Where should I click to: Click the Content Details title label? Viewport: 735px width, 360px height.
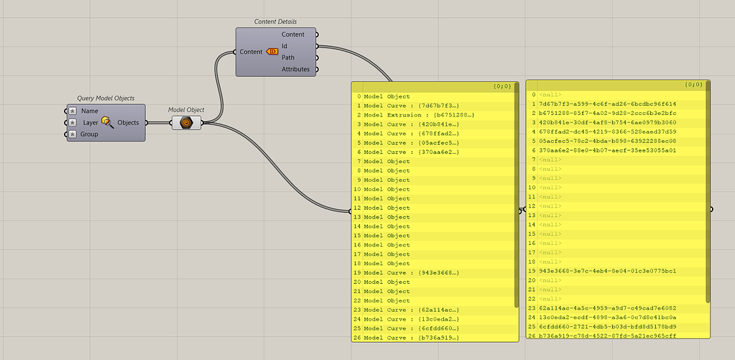tap(275, 22)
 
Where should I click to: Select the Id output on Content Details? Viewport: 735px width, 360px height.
tap(285, 46)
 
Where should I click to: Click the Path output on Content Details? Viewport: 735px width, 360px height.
tap(287, 57)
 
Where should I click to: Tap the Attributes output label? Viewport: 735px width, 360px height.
tap(295, 69)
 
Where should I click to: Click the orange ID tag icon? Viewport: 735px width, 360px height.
tap(272, 52)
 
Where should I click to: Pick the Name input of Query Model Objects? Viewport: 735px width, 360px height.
tap(90, 111)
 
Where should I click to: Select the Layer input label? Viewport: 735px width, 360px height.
tap(91, 123)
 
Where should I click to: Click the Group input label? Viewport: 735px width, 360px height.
tap(90, 134)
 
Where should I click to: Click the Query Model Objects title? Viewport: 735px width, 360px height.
tap(106, 98)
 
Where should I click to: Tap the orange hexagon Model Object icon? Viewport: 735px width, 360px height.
tap(186, 123)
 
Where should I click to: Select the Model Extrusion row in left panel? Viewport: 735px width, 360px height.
tap(419, 115)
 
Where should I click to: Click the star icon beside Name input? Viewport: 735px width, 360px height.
tap(73, 111)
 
